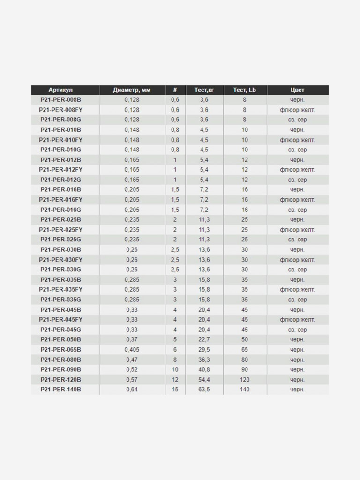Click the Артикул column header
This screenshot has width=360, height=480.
coord(61,90)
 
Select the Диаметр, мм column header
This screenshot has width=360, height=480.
coord(132,90)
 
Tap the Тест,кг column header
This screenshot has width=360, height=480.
coord(204,90)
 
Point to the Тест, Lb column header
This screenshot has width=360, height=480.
coord(244,90)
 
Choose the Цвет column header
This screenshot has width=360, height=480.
coord(297,90)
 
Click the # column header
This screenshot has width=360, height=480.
coord(175,90)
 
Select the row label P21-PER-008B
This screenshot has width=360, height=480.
coord(61,100)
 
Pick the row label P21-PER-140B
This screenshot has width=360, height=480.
coord(61,390)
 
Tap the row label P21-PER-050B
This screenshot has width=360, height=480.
coord(61,339)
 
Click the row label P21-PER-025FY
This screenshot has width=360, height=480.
coord(61,230)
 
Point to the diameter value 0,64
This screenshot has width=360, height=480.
coord(132,390)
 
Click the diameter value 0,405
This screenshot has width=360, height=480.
coord(132,350)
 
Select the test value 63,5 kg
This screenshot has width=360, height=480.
coord(204,390)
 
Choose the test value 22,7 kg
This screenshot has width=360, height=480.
coord(204,339)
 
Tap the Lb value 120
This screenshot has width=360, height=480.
coord(244,380)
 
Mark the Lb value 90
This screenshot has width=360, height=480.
coord(244,369)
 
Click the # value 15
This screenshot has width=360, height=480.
coord(175,390)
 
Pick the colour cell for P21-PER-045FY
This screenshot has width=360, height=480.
coord(297,320)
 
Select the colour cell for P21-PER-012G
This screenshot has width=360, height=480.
coord(297,180)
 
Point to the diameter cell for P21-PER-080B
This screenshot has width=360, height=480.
coord(132,360)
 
